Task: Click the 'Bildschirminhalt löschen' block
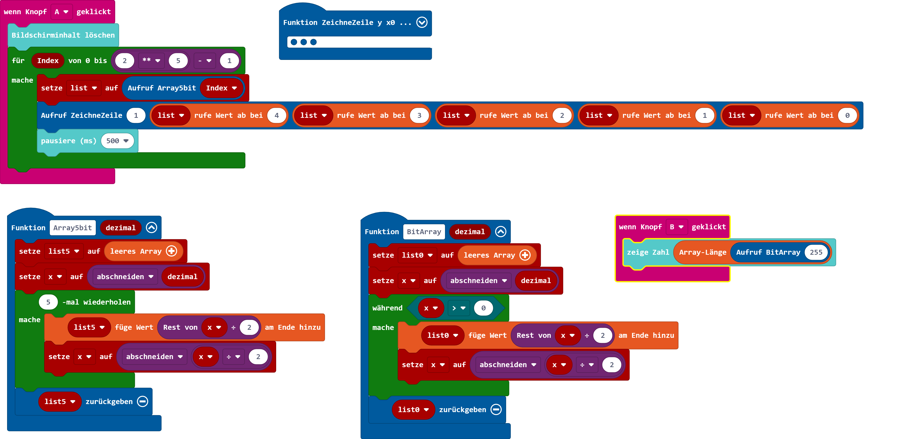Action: [x=63, y=35]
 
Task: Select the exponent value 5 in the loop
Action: [x=178, y=61]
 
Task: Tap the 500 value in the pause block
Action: [x=117, y=141]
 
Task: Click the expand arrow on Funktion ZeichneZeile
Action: [x=422, y=22]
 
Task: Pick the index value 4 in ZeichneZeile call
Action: [x=276, y=115]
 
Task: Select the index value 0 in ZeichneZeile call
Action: [x=847, y=115]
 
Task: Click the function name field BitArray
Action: [x=424, y=232]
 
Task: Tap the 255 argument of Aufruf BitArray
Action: [x=816, y=252]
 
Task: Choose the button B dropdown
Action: [x=676, y=227]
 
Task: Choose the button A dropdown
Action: [x=61, y=12]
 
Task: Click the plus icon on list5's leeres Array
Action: [x=172, y=251]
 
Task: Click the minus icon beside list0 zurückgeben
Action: [x=496, y=409]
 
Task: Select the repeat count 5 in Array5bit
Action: [x=48, y=302]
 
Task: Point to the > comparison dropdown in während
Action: [x=458, y=308]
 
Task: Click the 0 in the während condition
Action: [x=483, y=308]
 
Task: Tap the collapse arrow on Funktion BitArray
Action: [x=501, y=232]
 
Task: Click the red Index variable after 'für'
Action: [x=48, y=61]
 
